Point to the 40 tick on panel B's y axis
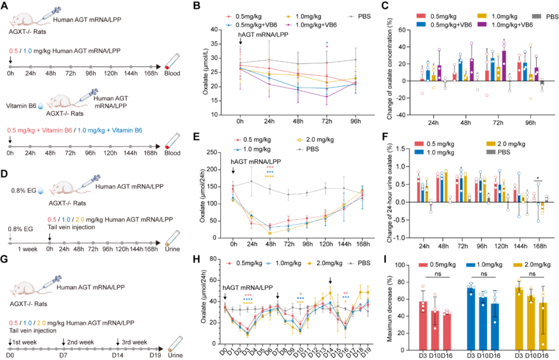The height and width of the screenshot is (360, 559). [216, 30]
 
